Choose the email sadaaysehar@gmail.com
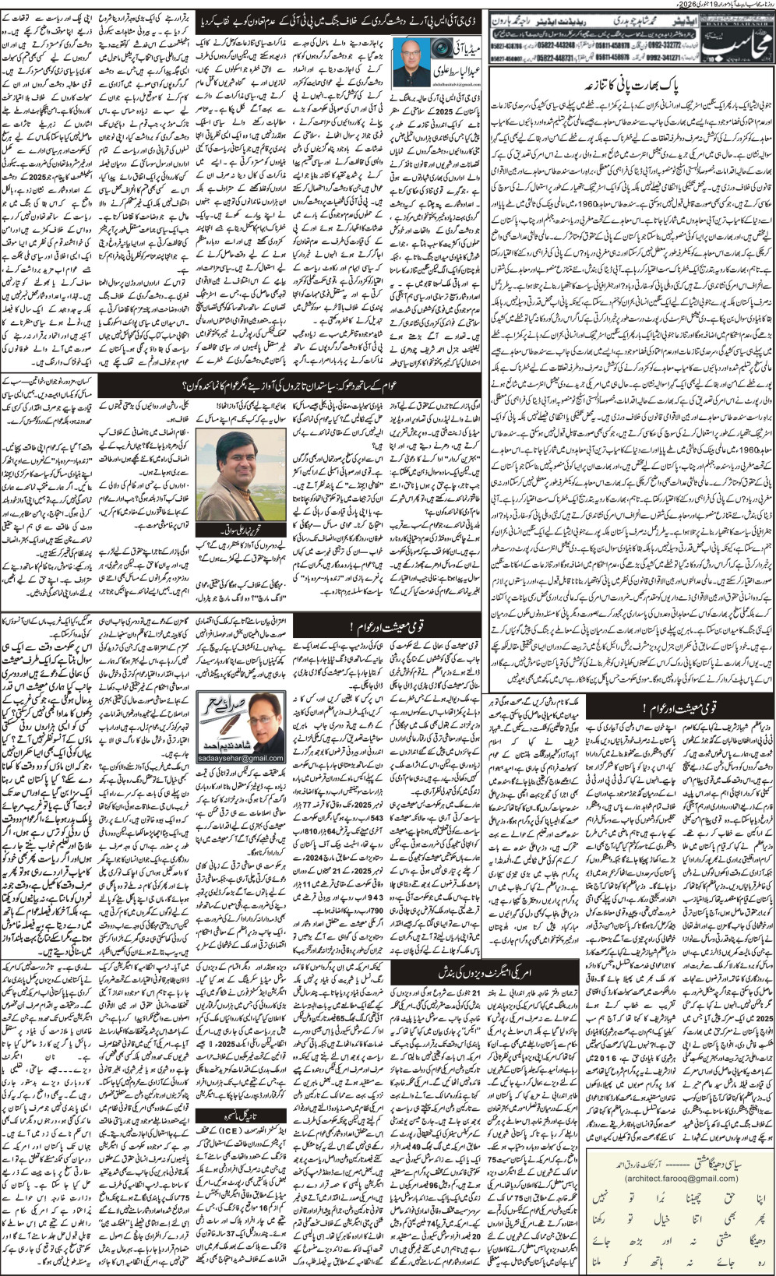(x=242, y=757)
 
